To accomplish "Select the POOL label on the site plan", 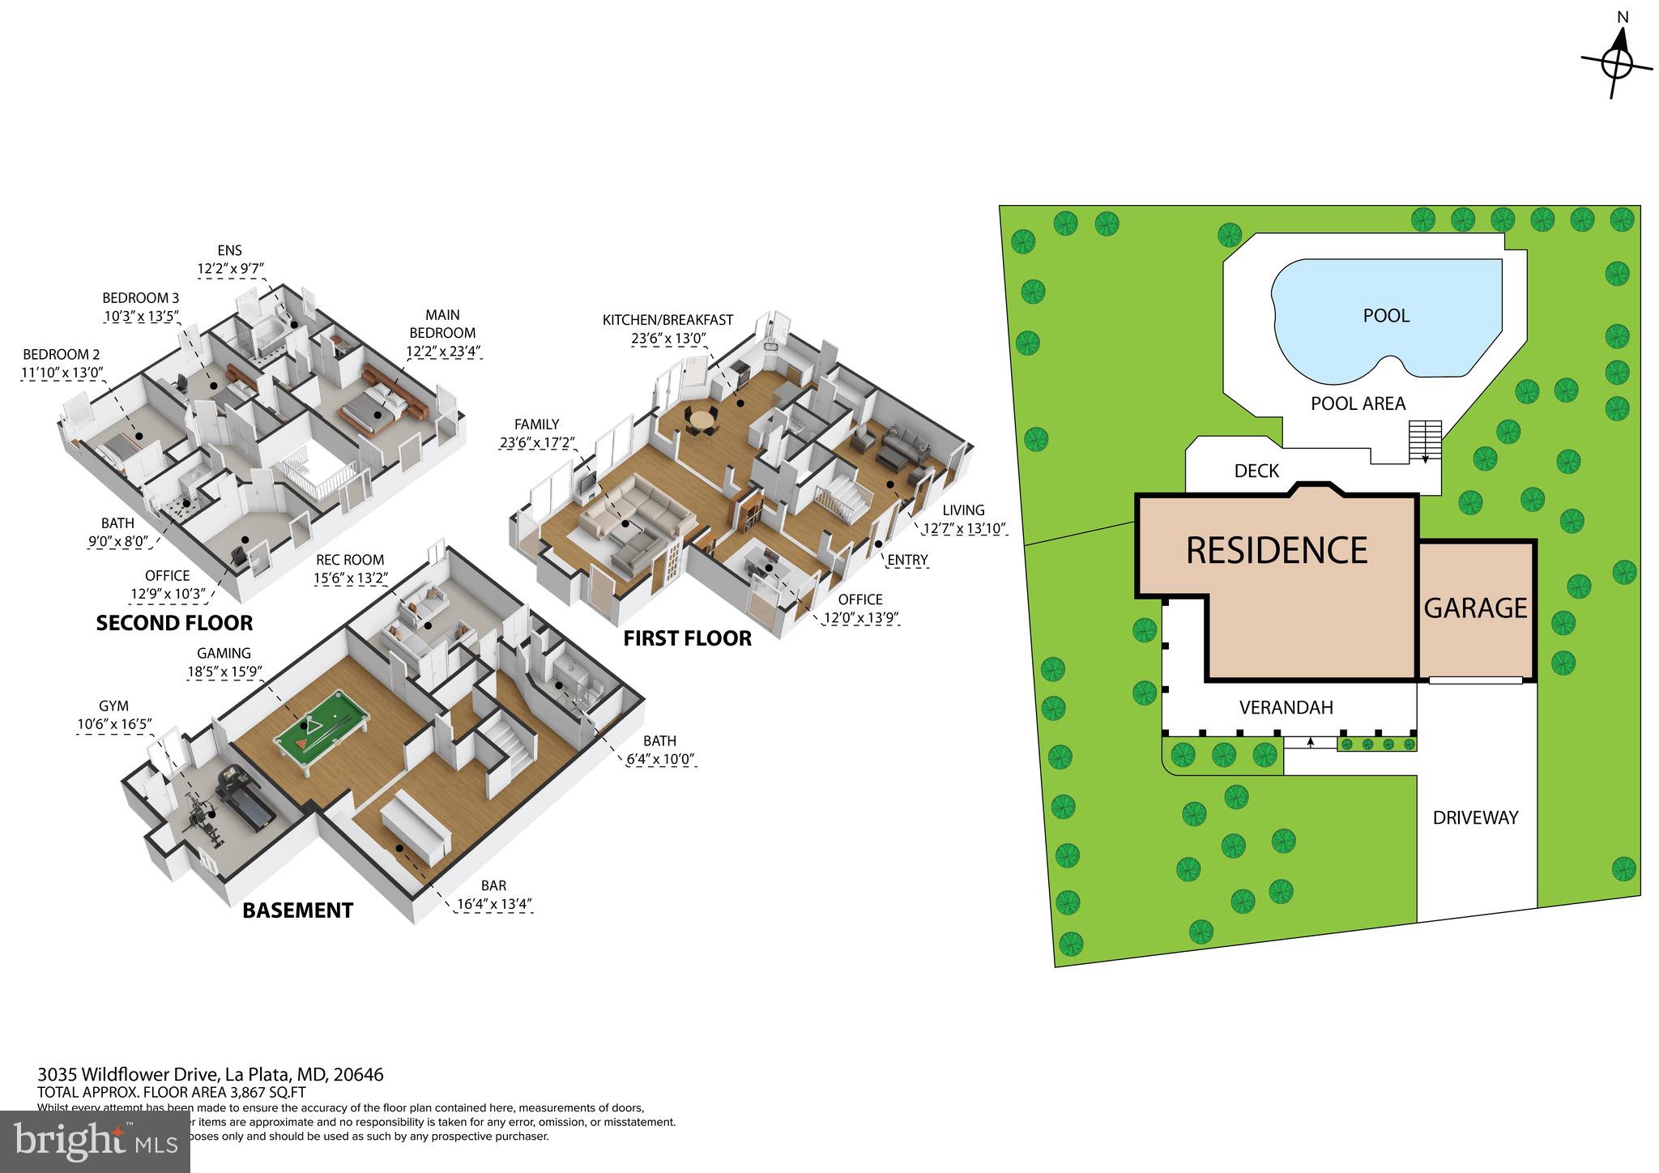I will point(1386,316).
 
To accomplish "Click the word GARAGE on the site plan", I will point(1475,608).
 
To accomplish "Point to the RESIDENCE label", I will point(1277,551).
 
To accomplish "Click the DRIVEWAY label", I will point(1475,818).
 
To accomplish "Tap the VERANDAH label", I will point(1286,708).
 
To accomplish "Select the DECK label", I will point(1256,471).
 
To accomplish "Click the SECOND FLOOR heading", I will point(174,623).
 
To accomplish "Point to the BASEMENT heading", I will point(298,911).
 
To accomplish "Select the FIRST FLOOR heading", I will point(687,638).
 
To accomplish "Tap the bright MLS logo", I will point(95,1141).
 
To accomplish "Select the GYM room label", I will point(114,706).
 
